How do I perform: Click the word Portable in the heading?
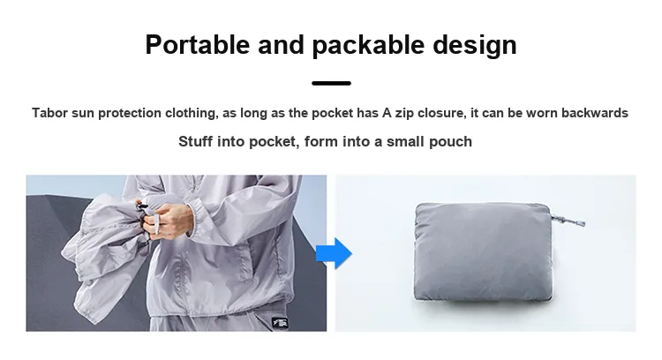point(198,45)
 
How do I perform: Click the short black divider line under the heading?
point(331,83)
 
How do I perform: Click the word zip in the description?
point(404,114)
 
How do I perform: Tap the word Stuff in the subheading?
point(195,141)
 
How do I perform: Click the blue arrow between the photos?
point(335,253)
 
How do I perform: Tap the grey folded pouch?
point(484,251)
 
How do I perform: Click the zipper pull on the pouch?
point(569,220)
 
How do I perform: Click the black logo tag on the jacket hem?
point(280,323)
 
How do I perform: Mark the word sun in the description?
point(83,114)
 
